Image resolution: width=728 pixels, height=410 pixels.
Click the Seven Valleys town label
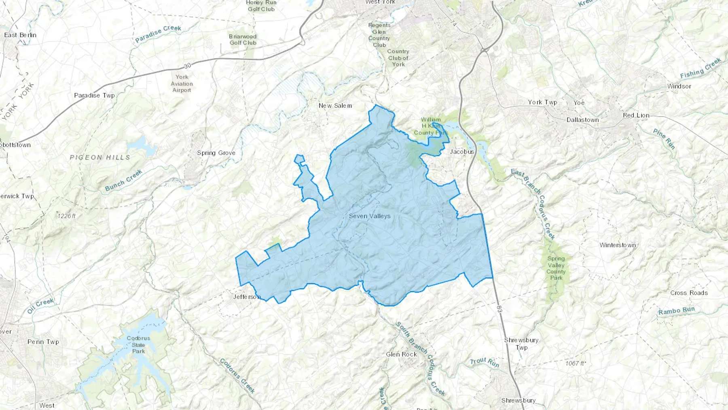point(370,216)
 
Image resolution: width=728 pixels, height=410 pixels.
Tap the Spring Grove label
point(216,153)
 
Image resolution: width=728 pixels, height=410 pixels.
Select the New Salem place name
point(335,106)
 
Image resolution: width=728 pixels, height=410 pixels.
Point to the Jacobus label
point(462,152)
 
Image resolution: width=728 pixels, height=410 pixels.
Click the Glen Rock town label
point(401,355)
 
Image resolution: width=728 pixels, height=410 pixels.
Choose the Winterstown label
point(618,245)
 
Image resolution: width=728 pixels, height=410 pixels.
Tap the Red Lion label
point(636,115)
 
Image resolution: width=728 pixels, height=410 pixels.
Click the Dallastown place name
point(582,120)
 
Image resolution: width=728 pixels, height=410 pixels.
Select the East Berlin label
point(20,35)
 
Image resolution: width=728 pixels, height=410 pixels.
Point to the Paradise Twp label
point(94,96)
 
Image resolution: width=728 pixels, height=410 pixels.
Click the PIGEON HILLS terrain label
point(100,157)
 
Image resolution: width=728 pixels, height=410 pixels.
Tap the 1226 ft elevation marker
point(67,216)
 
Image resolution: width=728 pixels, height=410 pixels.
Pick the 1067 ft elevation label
point(575,363)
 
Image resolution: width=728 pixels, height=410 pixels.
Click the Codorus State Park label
point(138,345)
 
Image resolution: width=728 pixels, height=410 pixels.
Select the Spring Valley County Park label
point(556,268)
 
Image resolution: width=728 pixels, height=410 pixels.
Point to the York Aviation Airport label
point(182,83)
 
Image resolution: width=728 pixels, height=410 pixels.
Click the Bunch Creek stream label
point(124,181)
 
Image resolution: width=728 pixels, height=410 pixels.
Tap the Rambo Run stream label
point(676,311)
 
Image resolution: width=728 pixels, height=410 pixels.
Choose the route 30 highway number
point(187,66)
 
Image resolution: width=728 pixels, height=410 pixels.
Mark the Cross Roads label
point(689,293)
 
